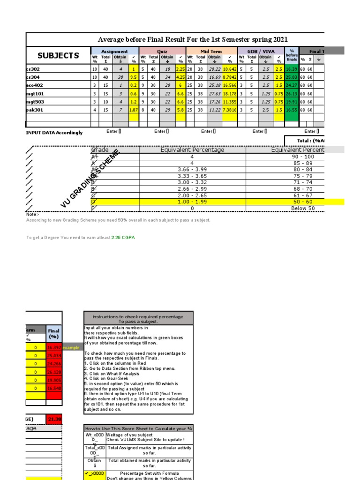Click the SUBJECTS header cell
coord(58,55)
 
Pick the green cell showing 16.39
coord(291,68)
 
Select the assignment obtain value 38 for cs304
coord(120,77)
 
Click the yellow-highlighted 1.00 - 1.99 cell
coord(192,202)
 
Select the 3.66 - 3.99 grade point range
coord(192,169)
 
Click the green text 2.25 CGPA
coord(123,238)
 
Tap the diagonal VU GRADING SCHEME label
coord(91,179)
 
